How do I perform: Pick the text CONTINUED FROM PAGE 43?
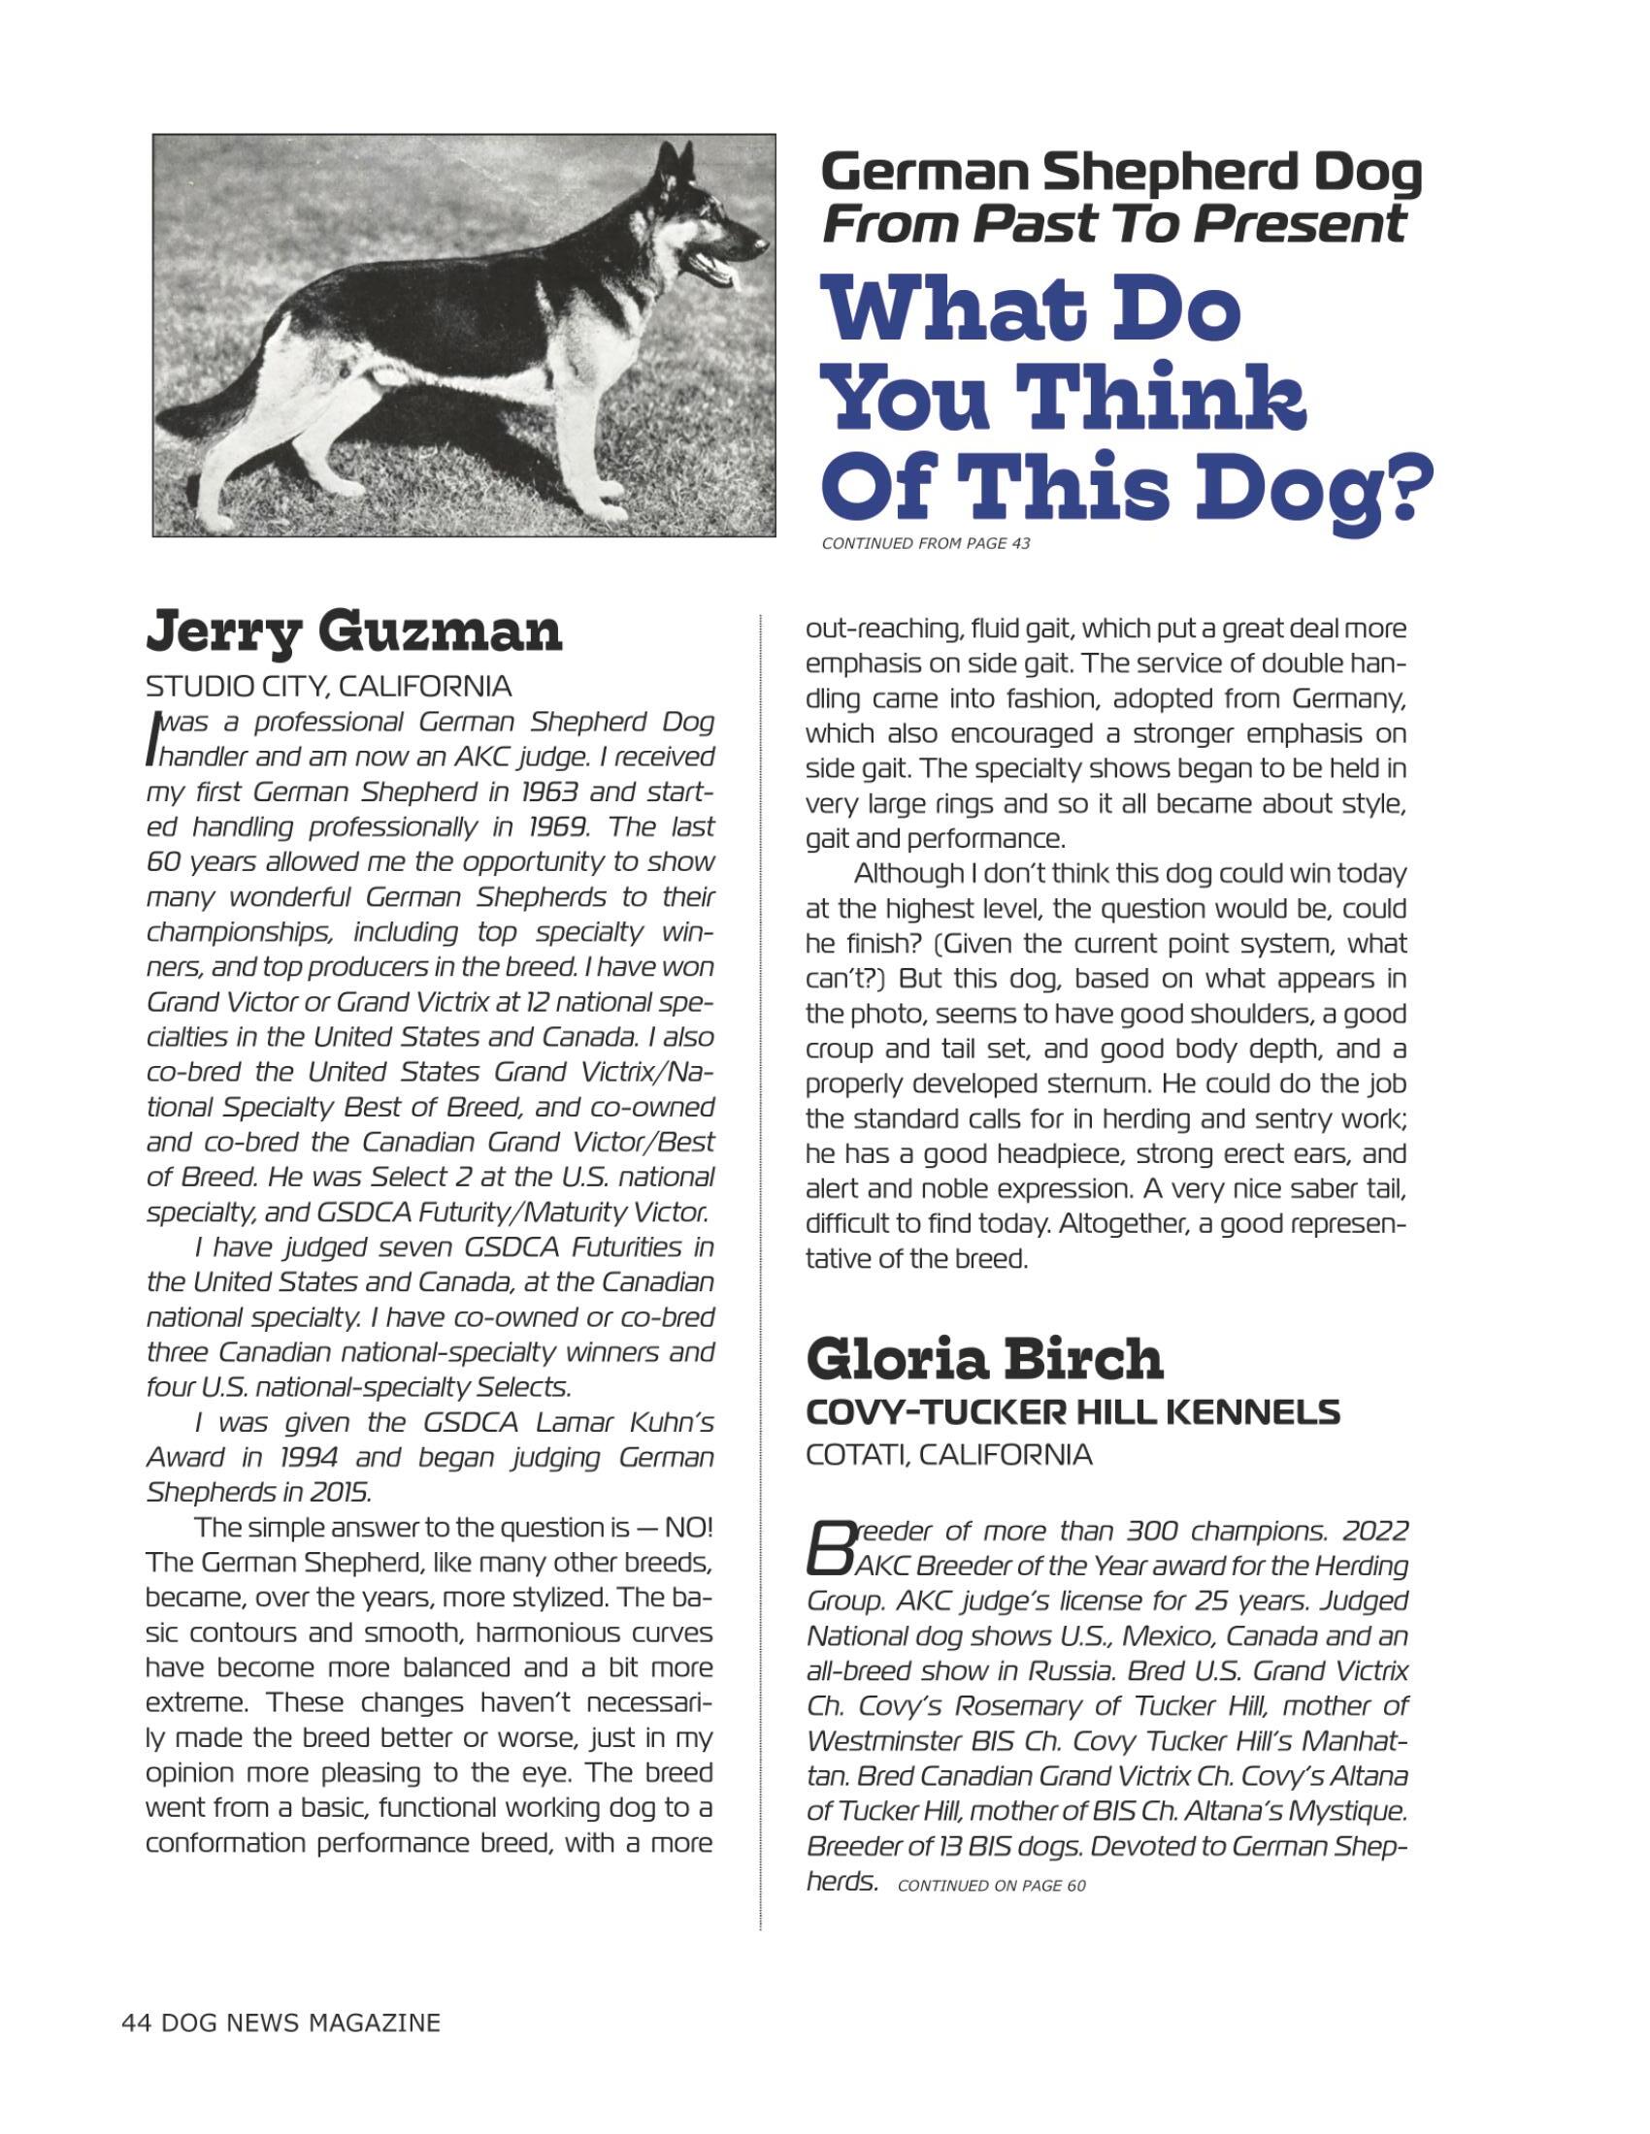[925, 543]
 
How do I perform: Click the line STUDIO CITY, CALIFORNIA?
[328, 687]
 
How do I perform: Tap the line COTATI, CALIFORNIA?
[948, 1456]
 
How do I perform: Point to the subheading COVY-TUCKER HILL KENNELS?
[1072, 1412]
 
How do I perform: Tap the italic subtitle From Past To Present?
[1113, 224]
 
